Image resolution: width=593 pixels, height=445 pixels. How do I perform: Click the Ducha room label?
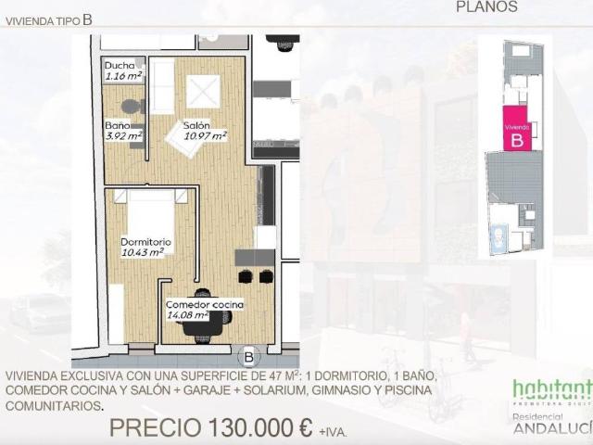coord(119,66)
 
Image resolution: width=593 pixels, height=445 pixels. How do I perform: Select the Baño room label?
coord(116,125)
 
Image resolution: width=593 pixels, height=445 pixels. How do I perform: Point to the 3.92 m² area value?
coord(123,135)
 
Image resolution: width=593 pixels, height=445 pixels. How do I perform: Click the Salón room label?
coord(196,125)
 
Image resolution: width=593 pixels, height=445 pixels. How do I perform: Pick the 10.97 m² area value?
coord(205,136)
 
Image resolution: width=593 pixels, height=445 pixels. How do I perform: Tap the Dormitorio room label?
coord(146,242)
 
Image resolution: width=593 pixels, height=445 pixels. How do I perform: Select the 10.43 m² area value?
coord(143,252)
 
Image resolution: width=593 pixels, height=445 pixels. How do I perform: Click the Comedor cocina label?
coord(204,304)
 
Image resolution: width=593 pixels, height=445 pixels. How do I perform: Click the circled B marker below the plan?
coord(249,356)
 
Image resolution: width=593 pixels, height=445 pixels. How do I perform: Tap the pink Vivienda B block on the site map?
coord(516,133)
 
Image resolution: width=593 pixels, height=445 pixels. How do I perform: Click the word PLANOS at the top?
coord(487,6)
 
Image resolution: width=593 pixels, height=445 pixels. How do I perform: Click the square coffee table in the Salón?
coord(203,91)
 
